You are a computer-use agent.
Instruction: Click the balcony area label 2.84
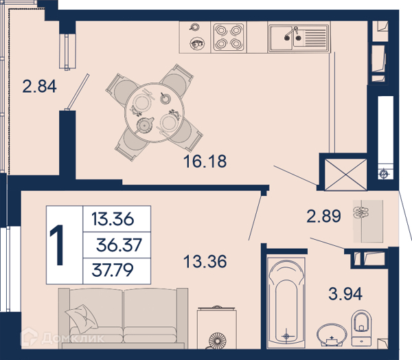tap(39, 87)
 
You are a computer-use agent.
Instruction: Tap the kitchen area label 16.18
tap(205, 161)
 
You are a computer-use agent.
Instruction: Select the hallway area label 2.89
tap(323, 216)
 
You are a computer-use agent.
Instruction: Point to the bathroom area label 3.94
tap(345, 294)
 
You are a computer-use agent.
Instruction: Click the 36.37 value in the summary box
tap(119, 245)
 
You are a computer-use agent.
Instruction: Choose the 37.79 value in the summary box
tap(113, 270)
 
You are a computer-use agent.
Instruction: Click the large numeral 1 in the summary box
tap(57, 245)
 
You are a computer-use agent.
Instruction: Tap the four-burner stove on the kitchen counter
tap(229, 37)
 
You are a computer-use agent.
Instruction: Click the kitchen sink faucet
tap(292, 33)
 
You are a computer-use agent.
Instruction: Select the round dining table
tap(154, 113)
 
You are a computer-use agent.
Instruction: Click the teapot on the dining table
tap(144, 125)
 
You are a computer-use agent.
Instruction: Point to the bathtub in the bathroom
tap(286, 300)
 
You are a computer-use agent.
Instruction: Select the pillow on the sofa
tap(82, 318)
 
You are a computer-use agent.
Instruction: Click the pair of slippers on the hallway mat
tap(361, 212)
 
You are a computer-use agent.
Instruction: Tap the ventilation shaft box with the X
tap(345, 174)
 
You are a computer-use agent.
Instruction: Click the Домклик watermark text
tap(73, 337)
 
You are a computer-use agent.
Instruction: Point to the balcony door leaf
tap(78, 91)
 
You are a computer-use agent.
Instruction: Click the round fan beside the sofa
tap(217, 341)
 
